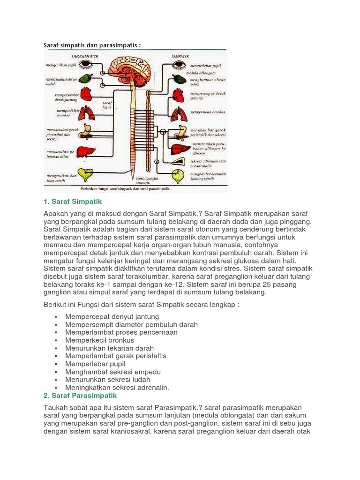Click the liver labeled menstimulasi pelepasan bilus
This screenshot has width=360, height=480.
point(86,152)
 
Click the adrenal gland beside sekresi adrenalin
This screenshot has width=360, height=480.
point(179,162)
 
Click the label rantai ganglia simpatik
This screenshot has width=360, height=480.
point(147,180)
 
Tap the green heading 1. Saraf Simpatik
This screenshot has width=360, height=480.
point(72,201)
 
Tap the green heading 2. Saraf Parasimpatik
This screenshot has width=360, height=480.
point(80,396)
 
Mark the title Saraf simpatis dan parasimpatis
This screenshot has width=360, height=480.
point(92,45)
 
